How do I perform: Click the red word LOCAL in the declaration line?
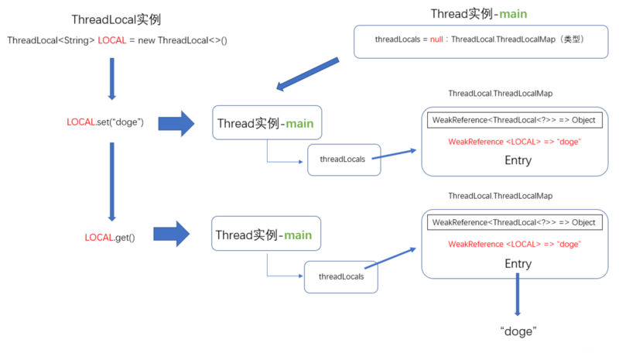(114, 40)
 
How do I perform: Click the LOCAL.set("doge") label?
(105, 122)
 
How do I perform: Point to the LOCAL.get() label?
(109, 238)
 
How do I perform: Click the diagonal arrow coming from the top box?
(309, 74)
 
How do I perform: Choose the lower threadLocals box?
(341, 276)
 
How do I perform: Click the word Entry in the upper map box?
(518, 160)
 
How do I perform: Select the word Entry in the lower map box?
(518, 263)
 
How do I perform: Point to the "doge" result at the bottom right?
(518, 331)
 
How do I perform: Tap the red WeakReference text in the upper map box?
(515, 141)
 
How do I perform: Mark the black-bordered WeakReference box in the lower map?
(514, 222)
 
